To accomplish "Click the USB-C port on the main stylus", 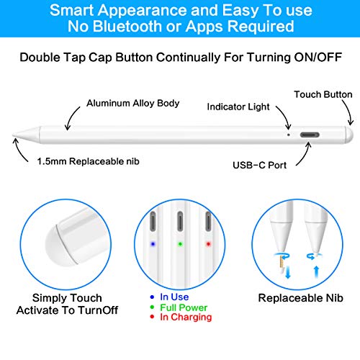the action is (310, 135).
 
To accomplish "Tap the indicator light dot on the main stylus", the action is (289, 135).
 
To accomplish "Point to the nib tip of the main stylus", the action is (14, 135).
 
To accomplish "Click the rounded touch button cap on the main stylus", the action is (349, 135).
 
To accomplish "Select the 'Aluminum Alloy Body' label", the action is (133, 103).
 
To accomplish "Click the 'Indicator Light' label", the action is (238, 107).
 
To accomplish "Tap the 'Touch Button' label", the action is (323, 94).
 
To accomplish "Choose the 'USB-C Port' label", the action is (260, 165).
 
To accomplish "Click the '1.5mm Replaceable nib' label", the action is (88, 161).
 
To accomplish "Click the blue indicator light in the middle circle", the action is (153, 244).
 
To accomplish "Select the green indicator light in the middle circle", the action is (180, 244).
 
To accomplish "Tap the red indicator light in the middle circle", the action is (208, 244).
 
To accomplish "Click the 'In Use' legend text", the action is (174, 297).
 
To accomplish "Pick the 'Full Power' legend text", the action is (184, 307).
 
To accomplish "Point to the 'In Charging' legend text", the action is (186, 318).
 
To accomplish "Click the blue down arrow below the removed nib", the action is (288, 273).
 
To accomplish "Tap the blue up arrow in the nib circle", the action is (317, 272).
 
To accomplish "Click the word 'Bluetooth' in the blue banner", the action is (127, 26).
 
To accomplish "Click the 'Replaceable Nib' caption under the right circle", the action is (300, 298).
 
